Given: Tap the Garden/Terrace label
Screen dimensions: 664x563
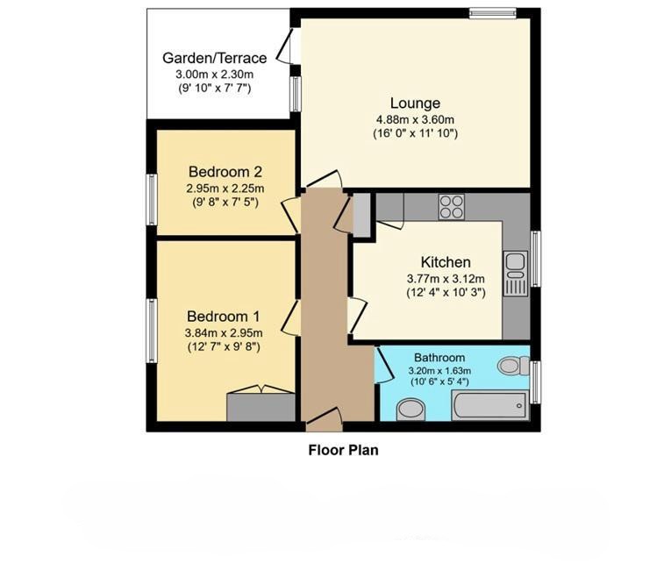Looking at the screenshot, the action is coord(215,58).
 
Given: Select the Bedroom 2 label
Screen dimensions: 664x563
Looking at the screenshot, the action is coord(225,172).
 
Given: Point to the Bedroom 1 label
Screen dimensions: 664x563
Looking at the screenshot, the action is coord(223,317).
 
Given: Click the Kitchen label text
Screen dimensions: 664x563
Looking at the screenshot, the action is coord(446,262).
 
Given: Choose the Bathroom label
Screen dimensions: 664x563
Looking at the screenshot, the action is coord(439,358).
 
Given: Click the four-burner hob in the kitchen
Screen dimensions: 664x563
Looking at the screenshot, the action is coord(452,207).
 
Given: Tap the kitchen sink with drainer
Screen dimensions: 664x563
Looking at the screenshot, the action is coord(516,274).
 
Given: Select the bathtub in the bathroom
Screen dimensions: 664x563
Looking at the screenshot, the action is coord(490,405).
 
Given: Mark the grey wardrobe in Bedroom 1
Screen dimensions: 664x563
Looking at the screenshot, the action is coord(261,407).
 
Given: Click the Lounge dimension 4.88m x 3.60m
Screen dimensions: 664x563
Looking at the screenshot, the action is coord(415,119).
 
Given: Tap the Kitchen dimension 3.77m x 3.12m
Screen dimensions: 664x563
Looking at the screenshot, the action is coord(446,279).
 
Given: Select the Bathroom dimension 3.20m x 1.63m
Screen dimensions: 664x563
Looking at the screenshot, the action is coord(439,371).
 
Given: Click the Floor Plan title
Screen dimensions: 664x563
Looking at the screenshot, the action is coord(344,450).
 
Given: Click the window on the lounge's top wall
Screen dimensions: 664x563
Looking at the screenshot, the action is coord(493,13).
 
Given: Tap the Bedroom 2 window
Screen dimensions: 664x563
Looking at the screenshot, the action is coord(152,200).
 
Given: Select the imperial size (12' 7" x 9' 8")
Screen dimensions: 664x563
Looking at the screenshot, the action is coord(223,346).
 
